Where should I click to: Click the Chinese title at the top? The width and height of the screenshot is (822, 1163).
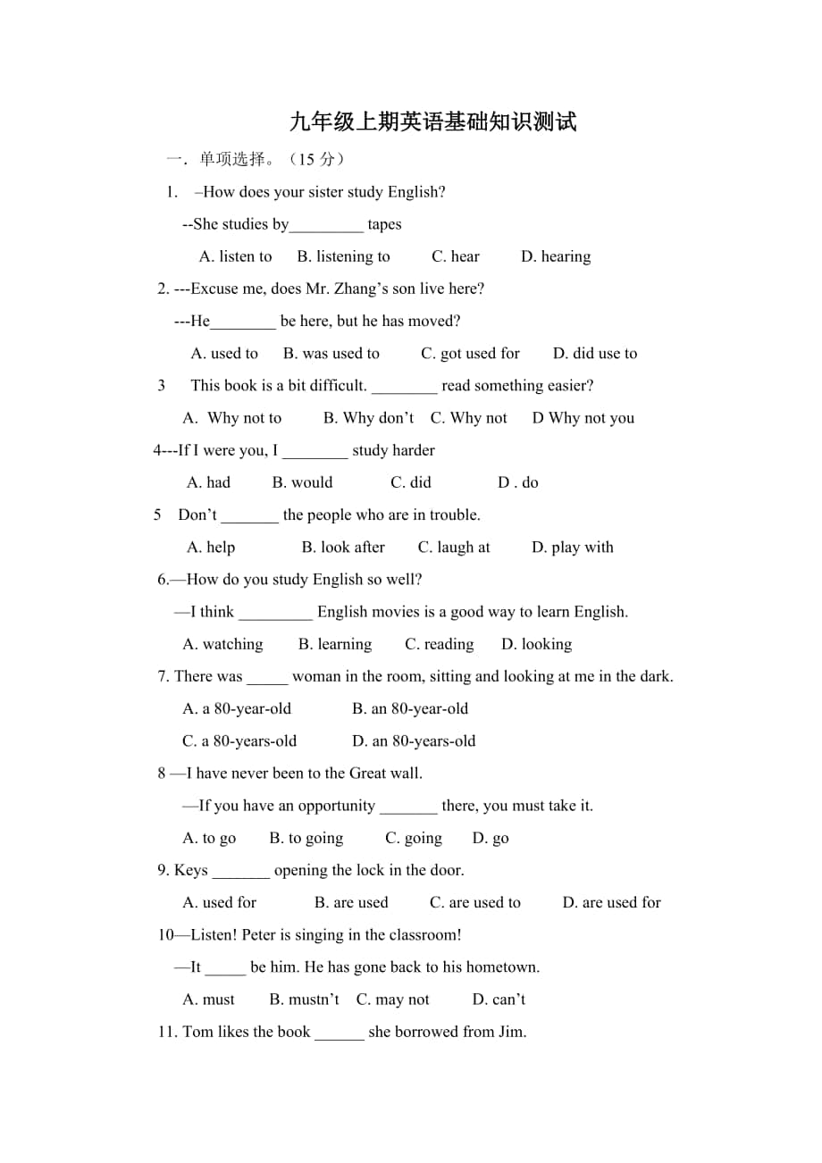433,122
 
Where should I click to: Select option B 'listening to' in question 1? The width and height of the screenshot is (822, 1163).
343,256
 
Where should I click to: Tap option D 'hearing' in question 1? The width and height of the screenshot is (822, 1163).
556,256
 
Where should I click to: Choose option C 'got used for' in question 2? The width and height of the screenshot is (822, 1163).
470,354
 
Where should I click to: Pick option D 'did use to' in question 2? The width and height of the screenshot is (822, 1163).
595,354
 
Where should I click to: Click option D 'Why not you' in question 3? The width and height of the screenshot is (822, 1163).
583,418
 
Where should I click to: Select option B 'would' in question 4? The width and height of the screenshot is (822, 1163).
302,482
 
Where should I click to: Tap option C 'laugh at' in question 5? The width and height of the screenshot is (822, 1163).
454,548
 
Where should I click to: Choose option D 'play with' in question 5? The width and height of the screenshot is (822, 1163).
573,548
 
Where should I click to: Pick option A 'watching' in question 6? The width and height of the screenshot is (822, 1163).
222,644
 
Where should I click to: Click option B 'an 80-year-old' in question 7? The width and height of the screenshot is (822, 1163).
410,709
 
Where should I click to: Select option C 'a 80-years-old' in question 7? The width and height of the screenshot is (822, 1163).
239,741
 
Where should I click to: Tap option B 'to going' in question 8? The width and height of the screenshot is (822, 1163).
306,838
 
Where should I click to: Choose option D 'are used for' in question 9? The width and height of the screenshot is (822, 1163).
611,902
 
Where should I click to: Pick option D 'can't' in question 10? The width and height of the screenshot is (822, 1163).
499,1000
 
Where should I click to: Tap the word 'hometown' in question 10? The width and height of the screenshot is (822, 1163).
506,967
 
